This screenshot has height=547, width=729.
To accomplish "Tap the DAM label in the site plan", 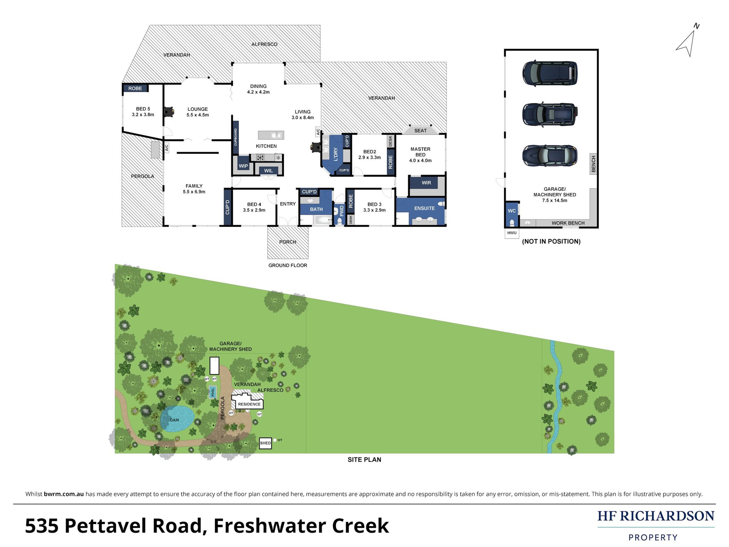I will tap(174, 420).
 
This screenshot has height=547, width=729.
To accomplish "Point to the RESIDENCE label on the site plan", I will tap(249, 404).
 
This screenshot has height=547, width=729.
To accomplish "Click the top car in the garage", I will tap(550, 73).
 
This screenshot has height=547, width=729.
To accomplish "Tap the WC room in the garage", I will tap(511, 211).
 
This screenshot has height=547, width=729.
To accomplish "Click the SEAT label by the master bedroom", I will tap(420, 131).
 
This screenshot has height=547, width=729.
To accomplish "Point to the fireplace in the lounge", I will tap(169, 112).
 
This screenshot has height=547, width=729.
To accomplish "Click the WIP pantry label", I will tap(243, 166).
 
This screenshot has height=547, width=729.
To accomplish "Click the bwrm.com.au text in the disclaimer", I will tap(64, 494).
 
